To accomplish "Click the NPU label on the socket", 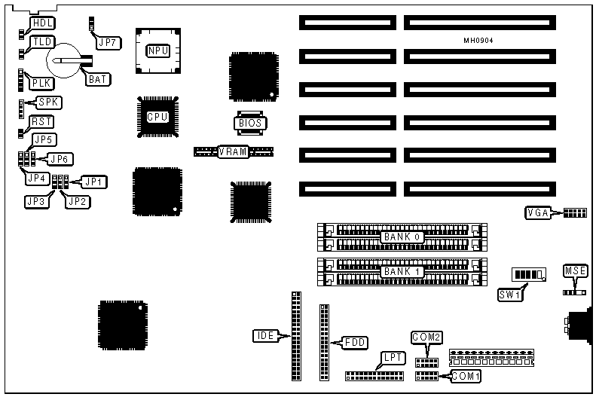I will [157, 51].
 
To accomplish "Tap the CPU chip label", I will [157, 117].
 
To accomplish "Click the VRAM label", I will [233, 152].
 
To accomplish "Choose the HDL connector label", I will [42, 23].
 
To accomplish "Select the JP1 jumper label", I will [95, 181].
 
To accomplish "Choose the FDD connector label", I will [355, 342].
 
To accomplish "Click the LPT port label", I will [393, 358].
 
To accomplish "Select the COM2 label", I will [425, 337].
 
